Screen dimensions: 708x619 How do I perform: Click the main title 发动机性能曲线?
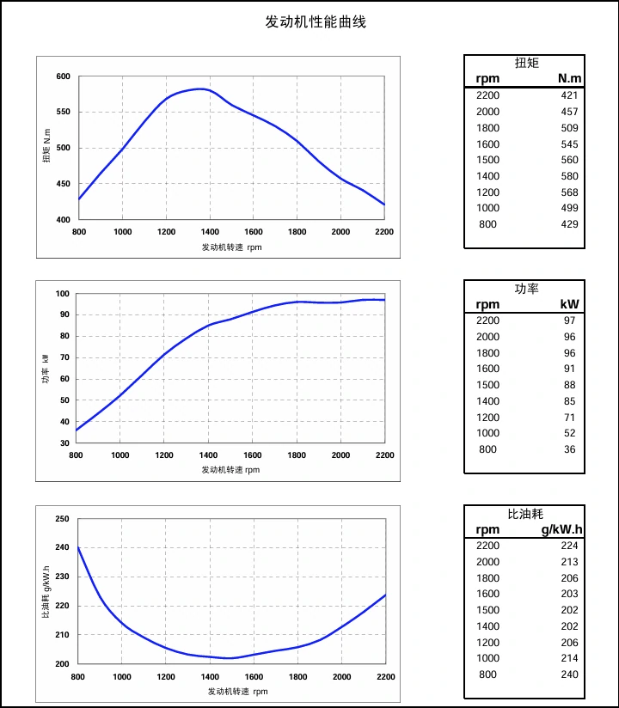316,21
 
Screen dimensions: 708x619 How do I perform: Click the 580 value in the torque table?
568,176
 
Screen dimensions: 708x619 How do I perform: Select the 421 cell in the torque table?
568,95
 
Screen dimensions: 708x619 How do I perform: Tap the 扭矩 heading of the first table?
526,63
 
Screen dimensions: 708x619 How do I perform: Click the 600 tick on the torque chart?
63,76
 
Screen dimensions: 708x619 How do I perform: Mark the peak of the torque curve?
201,88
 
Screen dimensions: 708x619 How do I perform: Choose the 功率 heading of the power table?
526,288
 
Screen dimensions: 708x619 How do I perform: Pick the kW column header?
569,304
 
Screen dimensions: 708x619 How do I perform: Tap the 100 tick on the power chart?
61,294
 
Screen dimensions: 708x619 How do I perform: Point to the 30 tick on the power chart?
64,443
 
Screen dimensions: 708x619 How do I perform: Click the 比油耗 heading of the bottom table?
525,514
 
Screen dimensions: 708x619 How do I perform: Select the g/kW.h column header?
561,529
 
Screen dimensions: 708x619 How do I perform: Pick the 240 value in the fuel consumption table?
568,674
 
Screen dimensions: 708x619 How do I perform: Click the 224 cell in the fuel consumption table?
568,546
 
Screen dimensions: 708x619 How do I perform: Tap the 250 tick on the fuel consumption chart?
61,519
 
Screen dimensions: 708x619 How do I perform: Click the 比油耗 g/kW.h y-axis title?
46,593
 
